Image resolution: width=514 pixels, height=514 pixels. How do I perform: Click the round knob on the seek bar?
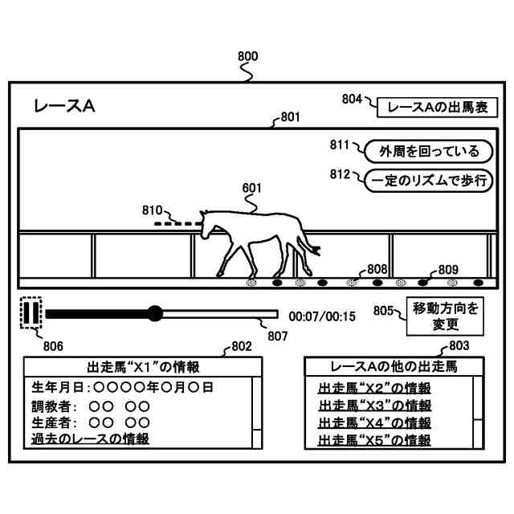pos(155,313)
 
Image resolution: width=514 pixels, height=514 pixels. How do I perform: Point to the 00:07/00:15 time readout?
pos(322,316)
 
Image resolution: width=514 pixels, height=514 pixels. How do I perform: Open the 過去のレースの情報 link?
pos(90,439)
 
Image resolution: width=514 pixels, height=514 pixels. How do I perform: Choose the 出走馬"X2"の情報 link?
pos(374,388)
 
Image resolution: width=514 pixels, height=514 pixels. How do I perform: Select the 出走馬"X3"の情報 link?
pos(374,405)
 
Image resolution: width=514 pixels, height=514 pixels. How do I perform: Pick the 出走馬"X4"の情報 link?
pos(374,422)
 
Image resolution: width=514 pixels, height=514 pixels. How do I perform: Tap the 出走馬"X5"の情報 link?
pos(374,439)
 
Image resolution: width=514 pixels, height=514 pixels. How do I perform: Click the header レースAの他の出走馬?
pos(394,367)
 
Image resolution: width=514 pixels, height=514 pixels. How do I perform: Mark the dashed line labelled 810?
pos(177,222)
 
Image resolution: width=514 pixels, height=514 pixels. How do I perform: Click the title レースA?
pos(64,106)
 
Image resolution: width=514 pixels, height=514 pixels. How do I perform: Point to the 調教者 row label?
pos(55,405)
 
